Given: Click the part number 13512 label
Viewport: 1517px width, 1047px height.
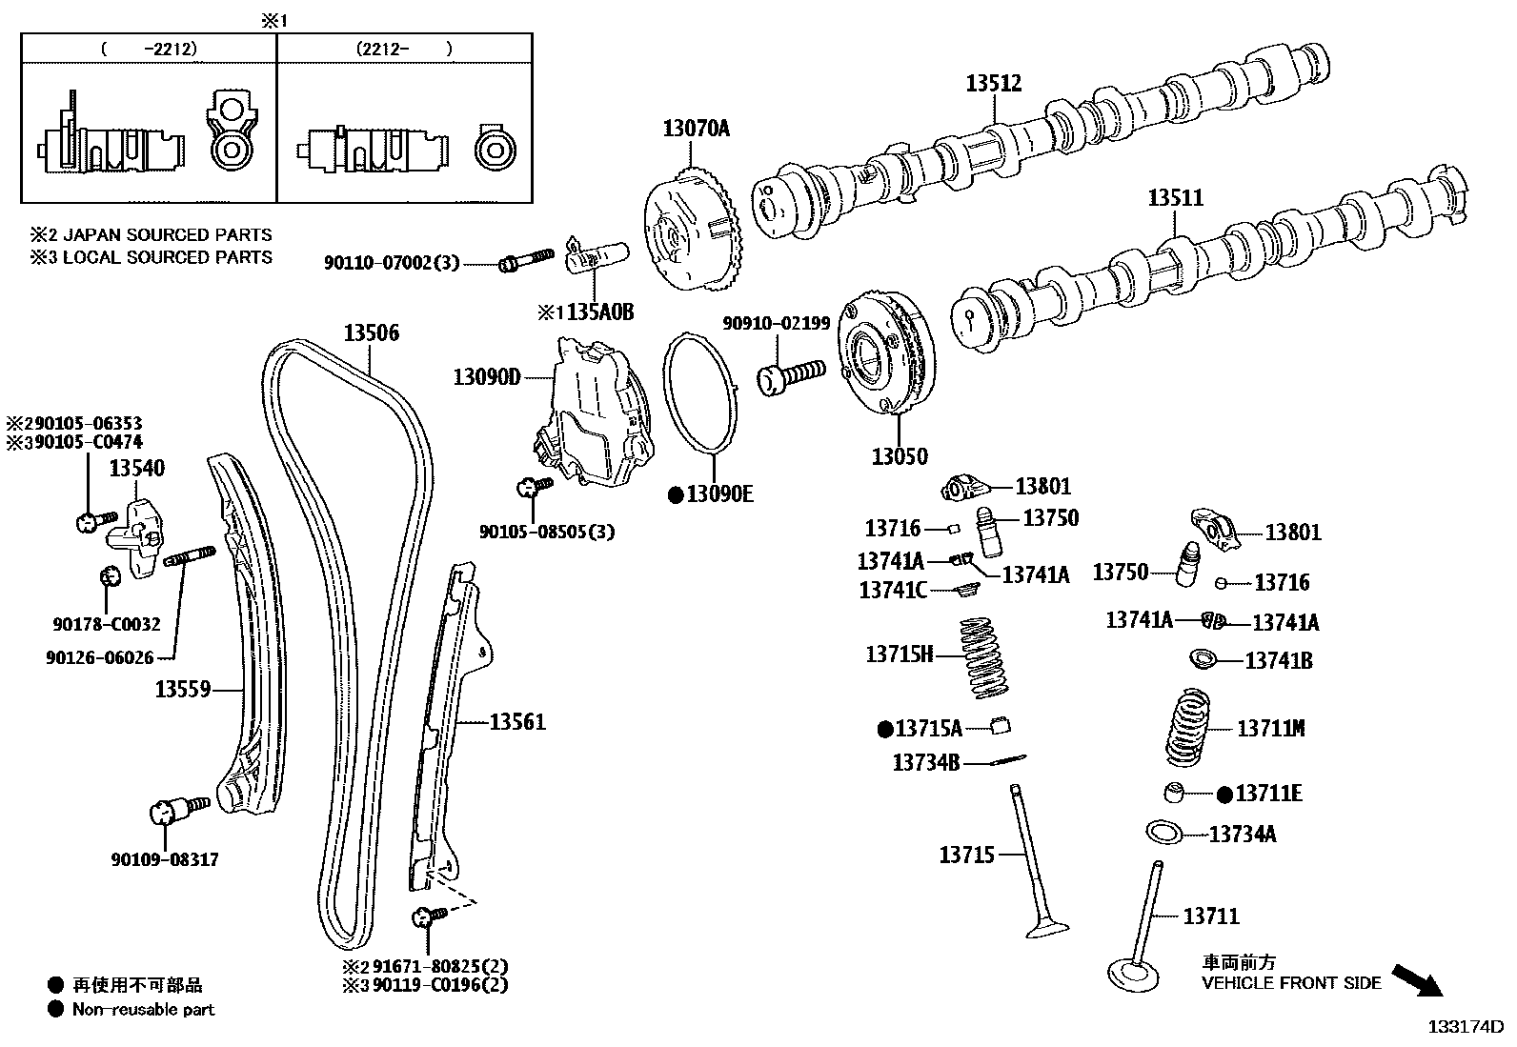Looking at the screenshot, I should click(x=993, y=83).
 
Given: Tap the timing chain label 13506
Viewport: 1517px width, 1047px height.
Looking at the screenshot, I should click(x=371, y=332).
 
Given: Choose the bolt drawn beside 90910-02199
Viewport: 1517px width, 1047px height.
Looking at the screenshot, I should click(x=790, y=374).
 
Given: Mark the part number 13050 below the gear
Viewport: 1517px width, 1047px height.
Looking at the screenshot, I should click(x=899, y=456).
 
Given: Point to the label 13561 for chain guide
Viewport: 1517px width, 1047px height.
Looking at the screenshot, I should click(x=517, y=722).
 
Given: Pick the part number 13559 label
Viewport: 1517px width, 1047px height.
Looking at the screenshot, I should click(x=183, y=689).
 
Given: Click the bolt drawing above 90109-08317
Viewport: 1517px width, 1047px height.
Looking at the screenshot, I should click(x=177, y=811).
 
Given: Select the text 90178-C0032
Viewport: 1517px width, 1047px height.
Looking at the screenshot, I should click(x=106, y=625).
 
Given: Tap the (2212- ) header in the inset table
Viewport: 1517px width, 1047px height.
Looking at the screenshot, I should click(x=403, y=49).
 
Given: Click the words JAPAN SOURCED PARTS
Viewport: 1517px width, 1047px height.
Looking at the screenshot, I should click(x=167, y=234).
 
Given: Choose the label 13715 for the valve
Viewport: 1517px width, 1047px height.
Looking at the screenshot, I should click(x=966, y=855).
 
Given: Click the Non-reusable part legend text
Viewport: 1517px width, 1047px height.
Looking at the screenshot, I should click(x=144, y=1009).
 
